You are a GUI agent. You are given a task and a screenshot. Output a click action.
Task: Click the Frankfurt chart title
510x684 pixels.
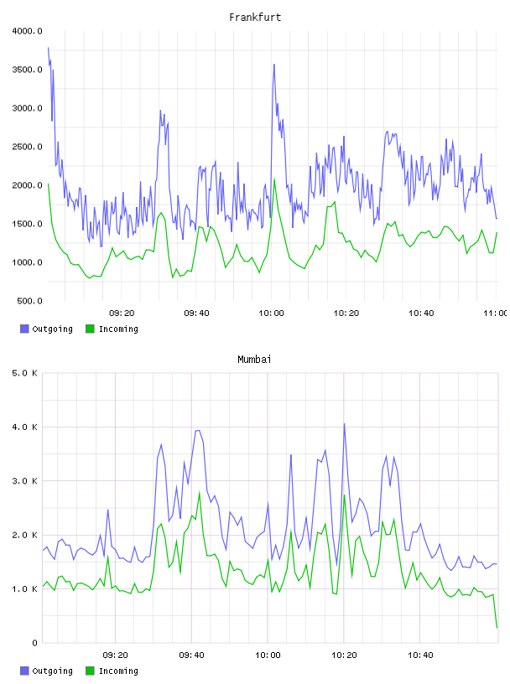pos(255,18)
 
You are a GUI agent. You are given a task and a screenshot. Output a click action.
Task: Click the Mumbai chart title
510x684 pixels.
pos(254,360)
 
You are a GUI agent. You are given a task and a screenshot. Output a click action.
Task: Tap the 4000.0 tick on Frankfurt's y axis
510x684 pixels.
pos(27,31)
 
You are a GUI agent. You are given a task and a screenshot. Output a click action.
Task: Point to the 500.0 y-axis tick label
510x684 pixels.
pos(29,301)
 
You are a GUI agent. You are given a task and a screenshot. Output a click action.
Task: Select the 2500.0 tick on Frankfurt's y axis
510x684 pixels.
pos(27,147)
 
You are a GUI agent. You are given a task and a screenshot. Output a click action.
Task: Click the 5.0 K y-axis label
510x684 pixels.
pos(25,373)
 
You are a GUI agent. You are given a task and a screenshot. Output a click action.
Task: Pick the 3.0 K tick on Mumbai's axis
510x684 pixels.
pos(25,481)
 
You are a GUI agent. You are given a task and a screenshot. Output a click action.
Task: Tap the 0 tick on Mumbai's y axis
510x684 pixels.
pos(35,643)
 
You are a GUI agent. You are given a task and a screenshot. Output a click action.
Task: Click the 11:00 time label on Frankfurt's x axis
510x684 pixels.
pos(495,313)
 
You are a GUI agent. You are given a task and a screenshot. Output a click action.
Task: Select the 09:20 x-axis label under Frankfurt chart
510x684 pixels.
pos(122,313)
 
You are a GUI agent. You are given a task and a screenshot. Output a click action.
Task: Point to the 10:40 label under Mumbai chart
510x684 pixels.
pos(420,655)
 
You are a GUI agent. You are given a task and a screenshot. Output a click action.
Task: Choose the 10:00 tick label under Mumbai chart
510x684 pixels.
pos(268,655)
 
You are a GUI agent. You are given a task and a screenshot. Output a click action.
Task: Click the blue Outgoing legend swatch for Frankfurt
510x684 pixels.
pos(24,329)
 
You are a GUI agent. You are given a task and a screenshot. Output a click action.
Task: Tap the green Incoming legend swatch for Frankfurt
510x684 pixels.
pos(90,329)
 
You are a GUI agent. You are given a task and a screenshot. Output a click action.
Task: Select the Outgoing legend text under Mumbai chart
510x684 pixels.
pos(52,671)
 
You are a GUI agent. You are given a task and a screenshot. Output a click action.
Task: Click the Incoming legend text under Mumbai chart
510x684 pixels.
pos(118,671)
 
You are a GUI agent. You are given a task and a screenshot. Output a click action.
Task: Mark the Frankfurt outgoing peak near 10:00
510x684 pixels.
pos(273,64)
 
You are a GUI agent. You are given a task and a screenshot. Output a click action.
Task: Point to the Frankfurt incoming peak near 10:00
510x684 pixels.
pos(274,179)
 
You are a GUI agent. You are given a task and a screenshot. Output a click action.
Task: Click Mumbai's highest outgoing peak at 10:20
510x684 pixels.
pos(344,423)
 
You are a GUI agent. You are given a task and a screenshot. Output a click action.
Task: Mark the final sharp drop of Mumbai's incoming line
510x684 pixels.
pos(495,611)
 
